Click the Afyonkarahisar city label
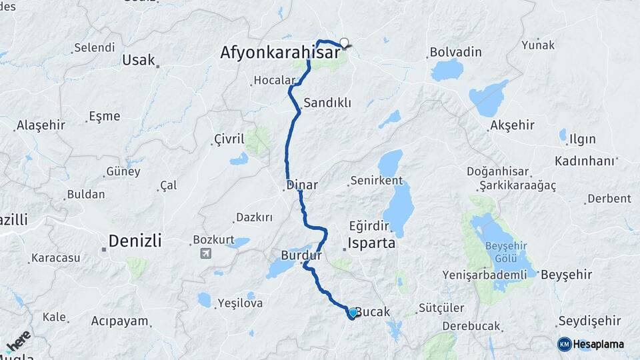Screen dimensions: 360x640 click(280, 52)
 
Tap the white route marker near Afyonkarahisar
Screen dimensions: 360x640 click(344, 43)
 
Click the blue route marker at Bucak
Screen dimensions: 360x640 click(353, 312)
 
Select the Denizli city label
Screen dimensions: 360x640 click(135, 241)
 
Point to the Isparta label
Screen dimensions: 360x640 click(372, 243)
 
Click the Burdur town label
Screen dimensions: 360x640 click(301, 255)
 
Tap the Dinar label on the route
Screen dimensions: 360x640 click(302, 185)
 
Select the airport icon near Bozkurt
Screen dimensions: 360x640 click(205, 253)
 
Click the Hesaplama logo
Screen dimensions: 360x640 click(591, 344)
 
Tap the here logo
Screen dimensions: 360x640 click(19, 341)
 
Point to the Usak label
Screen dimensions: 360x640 click(138, 60)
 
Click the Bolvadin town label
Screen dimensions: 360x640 click(455, 51)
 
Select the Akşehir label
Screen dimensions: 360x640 click(513, 125)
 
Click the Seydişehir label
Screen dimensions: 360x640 click(590, 321)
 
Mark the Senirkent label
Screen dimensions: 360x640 click(377, 181)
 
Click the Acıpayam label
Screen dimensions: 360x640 click(119, 321)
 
